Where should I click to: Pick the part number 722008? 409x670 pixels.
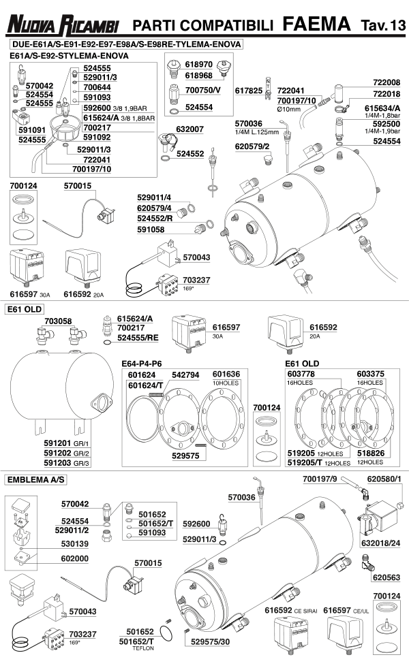(x=387, y=82)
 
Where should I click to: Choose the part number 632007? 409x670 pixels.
(x=190, y=129)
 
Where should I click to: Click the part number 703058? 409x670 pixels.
(x=58, y=320)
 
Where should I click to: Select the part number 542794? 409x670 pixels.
(x=185, y=374)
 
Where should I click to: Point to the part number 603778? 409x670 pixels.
(x=301, y=374)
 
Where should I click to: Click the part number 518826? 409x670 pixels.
(x=367, y=453)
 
